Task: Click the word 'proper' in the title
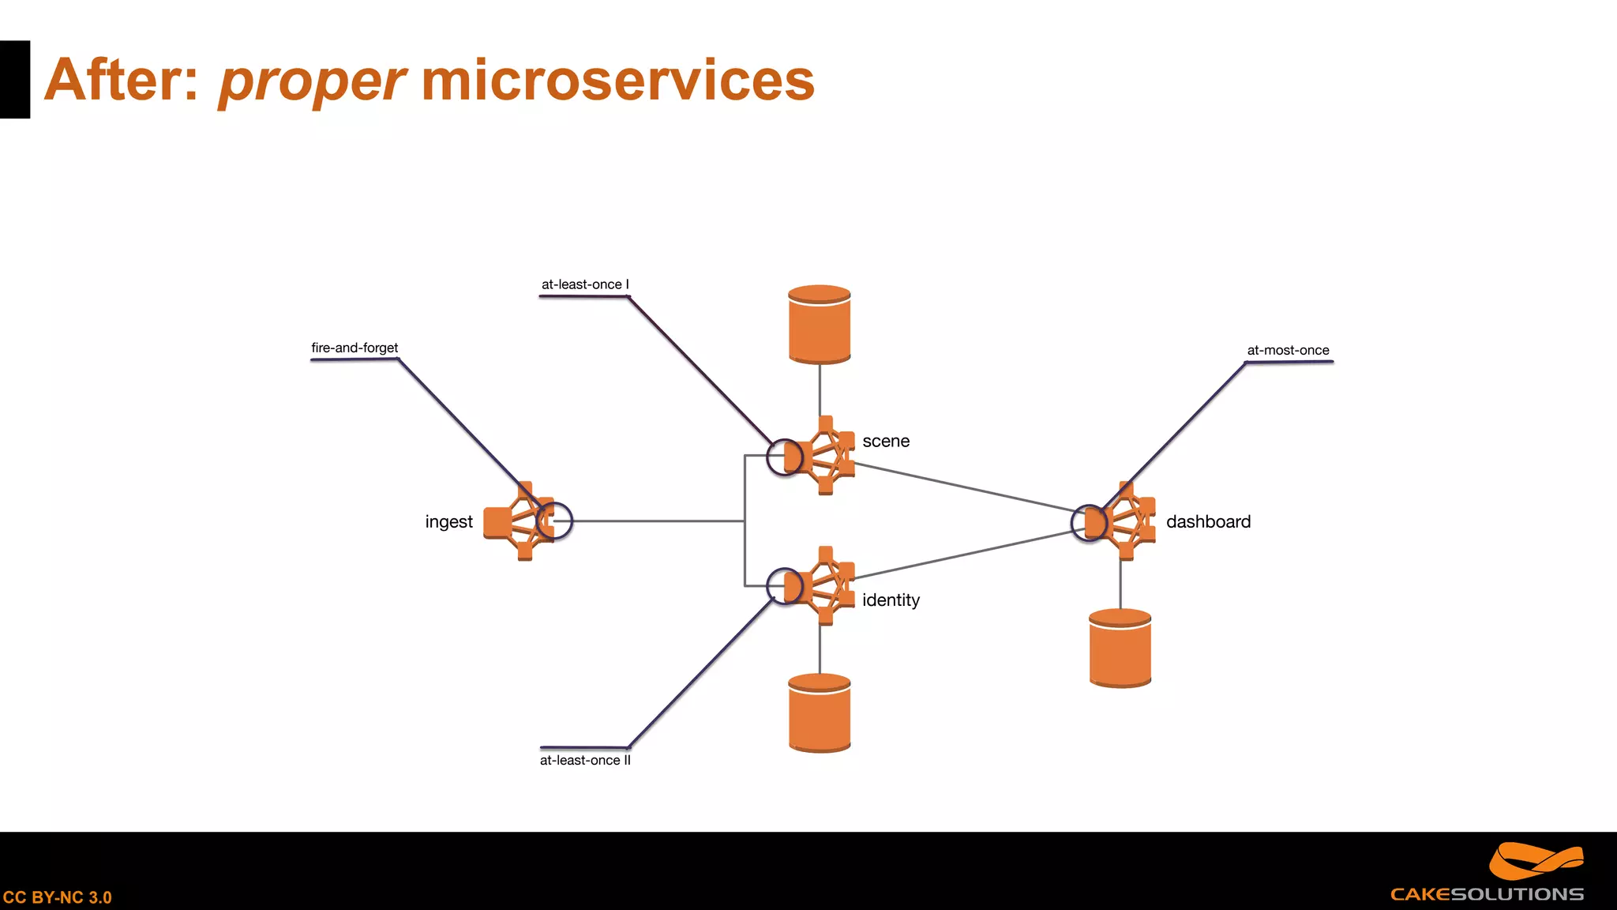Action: pyautogui.click(x=312, y=81)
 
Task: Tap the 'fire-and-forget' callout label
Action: pyautogui.click(x=355, y=348)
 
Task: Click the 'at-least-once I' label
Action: pyautogui.click(x=585, y=284)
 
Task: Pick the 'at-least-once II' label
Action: pyautogui.click(x=585, y=760)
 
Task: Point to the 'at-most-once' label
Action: pyautogui.click(x=1288, y=350)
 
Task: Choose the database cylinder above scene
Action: pyautogui.click(x=820, y=325)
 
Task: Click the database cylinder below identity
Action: pyautogui.click(x=820, y=713)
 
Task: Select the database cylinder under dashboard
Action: pyautogui.click(x=1120, y=648)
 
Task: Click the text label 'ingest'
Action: pyautogui.click(x=448, y=522)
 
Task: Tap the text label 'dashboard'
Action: pyautogui.click(x=1208, y=522)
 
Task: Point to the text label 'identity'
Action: pyautogui.click(x=891, y=600)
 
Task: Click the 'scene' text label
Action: pyautogui.click(x=886, y=442)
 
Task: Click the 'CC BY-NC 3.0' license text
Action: pyautogui.click(x=57, y=897)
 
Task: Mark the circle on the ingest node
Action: pyautogui.click(x=554, y=521)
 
